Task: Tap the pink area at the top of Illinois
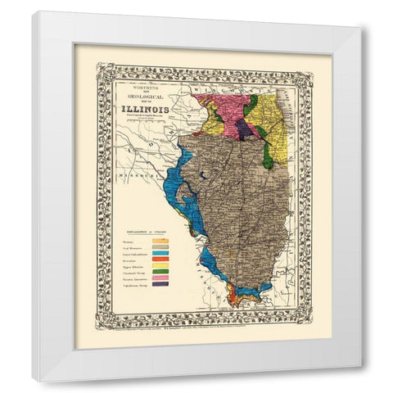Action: pyautogui.click(x=221, y=106)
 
